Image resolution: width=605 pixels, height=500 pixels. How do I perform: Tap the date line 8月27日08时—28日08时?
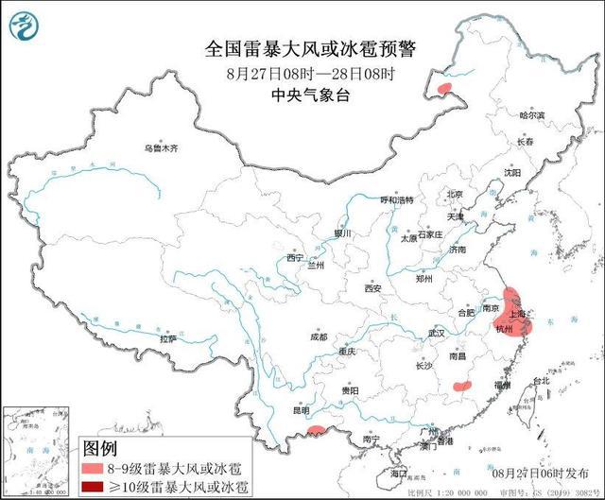pyautogui.click(x=302, y=73)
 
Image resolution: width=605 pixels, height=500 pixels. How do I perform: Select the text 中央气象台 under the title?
pyautogui.click(x=302, y=95)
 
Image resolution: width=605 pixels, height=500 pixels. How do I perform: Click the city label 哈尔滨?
pyautogui.click(x=533, y=114)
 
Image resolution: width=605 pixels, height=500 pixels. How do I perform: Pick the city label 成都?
pyautogui.click(x=317, y=336)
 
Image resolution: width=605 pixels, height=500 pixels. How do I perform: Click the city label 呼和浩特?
pyautogui.click(x=397, y=200)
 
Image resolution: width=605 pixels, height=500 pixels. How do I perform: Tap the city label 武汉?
pyautogui.click(x=435, y=333)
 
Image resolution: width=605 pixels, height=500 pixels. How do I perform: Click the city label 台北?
pyautogui.click(x=541, y=381)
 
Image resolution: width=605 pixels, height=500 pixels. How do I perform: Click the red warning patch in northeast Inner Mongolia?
pyautogui.click(x=447, y=91)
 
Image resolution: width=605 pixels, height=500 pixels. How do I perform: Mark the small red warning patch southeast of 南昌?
pyautogui.click(x=462, y=386)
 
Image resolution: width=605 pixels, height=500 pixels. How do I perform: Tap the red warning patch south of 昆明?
pyautogui.click(x=318, y=434)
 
